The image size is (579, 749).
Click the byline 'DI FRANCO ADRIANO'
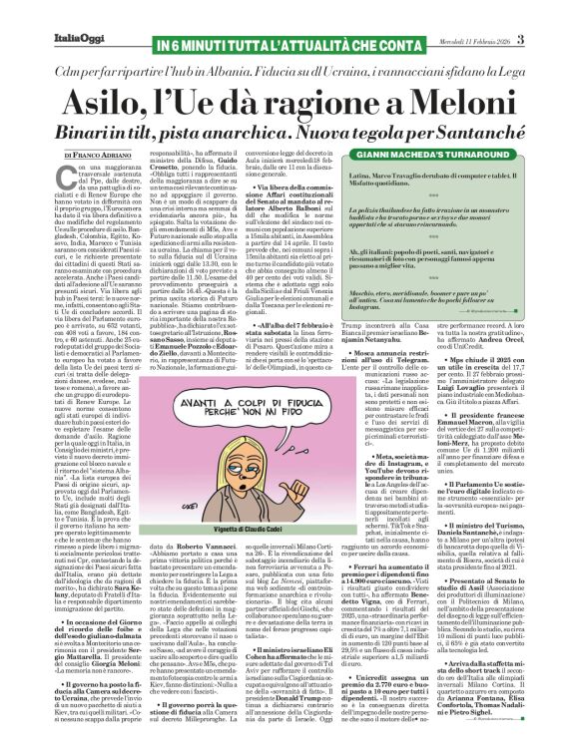(x=96, y=157)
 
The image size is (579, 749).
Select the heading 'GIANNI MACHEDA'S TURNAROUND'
(x=439, y=157)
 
